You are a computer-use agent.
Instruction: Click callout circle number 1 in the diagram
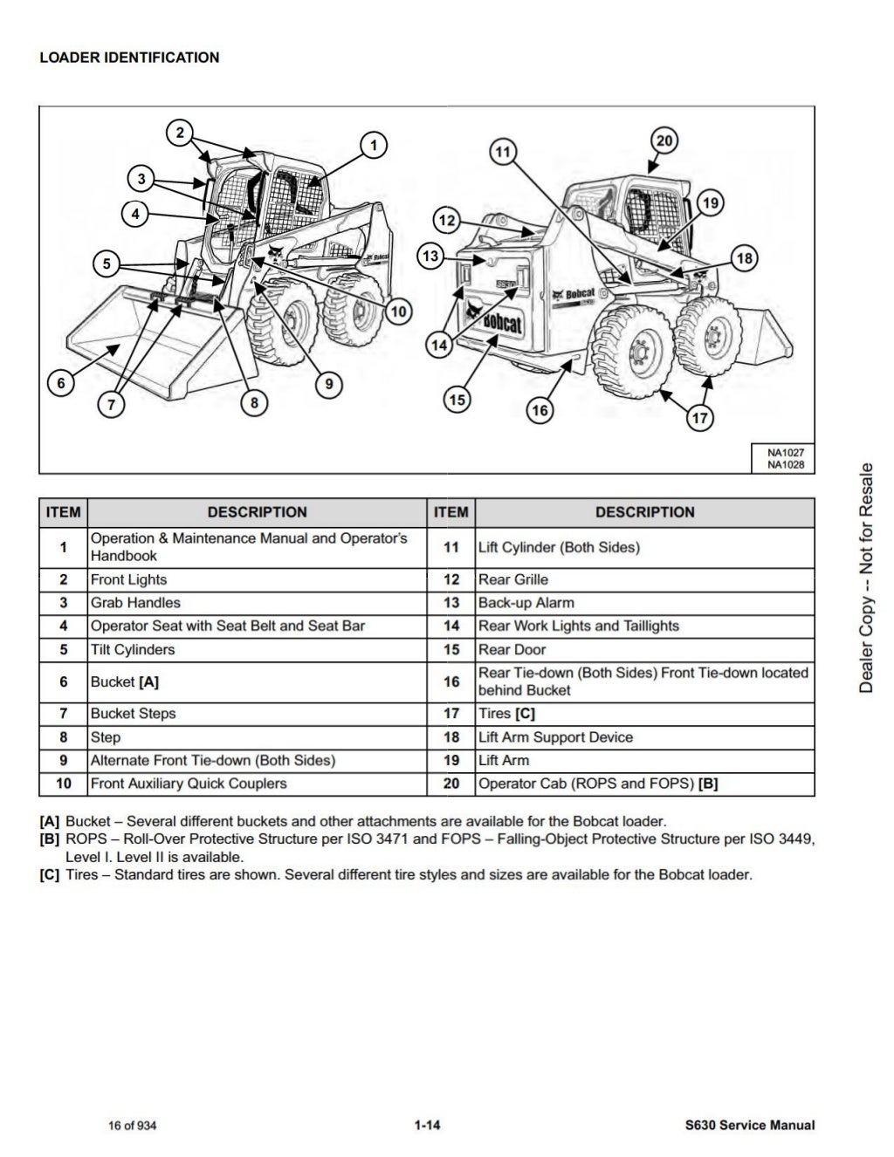pyautogui.click(x=373, y=145)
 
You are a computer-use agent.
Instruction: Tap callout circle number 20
pyautogui.click(x=664, y=141)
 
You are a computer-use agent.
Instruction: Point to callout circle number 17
pyautogui.click(x=700, y=417)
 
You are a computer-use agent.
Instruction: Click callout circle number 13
pyautogui.click(x=430, y=256)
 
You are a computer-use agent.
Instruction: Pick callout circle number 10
pyautogui.click(x=398, y=311)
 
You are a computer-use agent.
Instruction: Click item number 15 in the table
pyautogui.click(x=451, y=650)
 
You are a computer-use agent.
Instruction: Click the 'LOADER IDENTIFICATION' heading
pyautogui.click(x=129, y=58)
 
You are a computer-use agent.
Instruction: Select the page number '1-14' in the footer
pyautogui.click(x=427, y=1126)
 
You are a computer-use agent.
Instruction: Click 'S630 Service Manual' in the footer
pyautogui.click(x=750, y=1126)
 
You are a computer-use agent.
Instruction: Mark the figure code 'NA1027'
pyautogui.click(x=786, y=453)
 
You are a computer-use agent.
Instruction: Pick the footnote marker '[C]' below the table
pyautogui.click(x=50, y=874)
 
